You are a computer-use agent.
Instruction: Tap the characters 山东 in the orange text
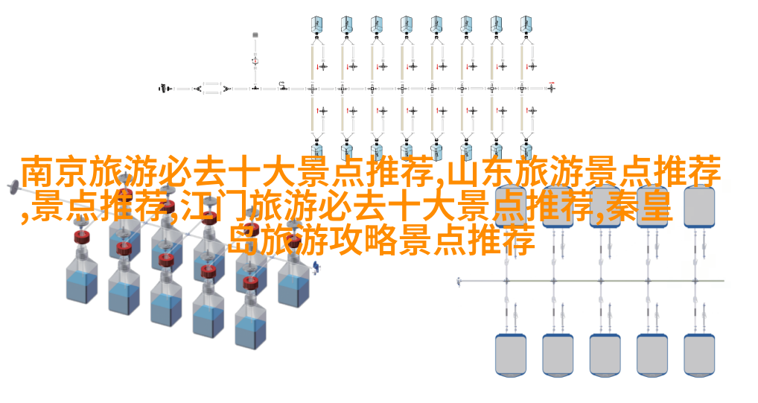480,172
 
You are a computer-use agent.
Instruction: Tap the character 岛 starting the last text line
243,241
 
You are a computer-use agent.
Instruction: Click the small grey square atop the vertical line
255,34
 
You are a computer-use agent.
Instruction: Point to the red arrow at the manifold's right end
552,83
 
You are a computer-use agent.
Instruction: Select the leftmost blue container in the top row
316,24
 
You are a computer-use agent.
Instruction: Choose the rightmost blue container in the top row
526,24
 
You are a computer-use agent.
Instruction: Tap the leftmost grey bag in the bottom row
511,355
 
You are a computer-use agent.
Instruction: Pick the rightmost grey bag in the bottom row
699,355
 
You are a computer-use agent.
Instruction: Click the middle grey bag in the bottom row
605,355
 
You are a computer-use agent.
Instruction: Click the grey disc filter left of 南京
13,186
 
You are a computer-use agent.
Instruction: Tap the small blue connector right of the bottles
316,267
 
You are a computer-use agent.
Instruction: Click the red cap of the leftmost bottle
83,237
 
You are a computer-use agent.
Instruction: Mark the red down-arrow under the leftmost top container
318,67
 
